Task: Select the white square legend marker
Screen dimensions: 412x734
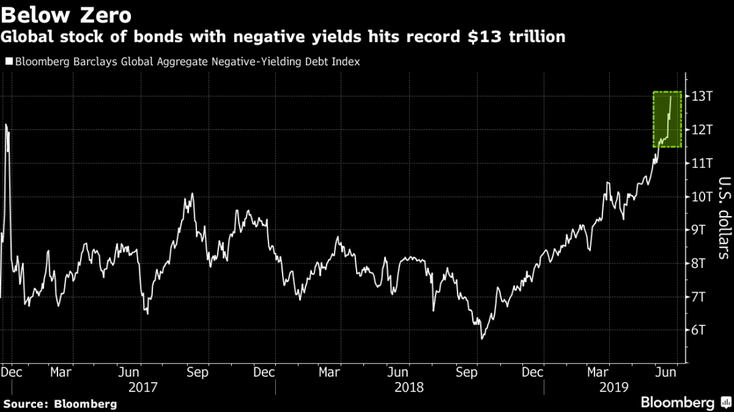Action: (x=9, y=61)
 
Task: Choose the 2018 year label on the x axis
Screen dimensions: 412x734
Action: (x=409, y=387)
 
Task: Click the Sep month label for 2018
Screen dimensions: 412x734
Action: (x=466, y=371)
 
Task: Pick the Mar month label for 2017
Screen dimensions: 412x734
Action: (x=61, y=371)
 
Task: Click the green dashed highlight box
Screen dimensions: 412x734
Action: (x=667, y=119)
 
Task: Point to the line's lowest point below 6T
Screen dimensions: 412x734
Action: (x=482, y=339)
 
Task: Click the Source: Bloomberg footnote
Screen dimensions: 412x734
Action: (x=60, y=403)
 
